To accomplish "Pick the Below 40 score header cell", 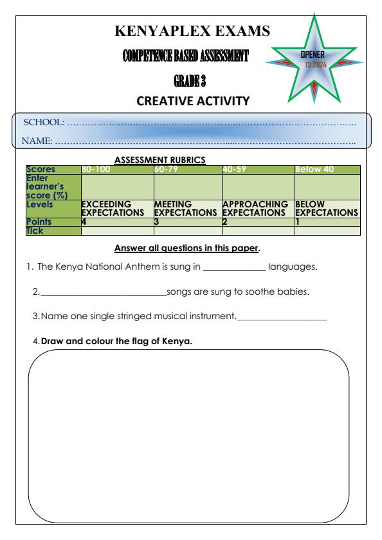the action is point(314,169).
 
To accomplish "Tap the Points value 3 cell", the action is point(156,222).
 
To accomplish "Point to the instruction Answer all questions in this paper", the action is point(191,248).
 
